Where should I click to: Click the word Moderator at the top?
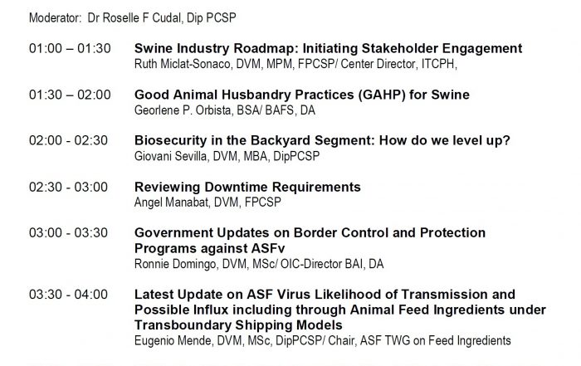(x=55, y=17)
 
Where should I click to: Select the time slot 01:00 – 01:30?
(x=70, y=48)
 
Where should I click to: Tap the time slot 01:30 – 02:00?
(x=70, y=95)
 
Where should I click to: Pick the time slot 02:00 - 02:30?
(x=68, y=140)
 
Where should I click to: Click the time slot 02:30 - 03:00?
(x=68, y=187)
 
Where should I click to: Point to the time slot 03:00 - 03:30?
(x=68, y=232)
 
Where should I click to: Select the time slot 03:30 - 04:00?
(x=68, y=294)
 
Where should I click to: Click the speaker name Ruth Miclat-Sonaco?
(x=182, y=64)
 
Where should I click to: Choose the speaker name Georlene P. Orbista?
(x=183, y=110)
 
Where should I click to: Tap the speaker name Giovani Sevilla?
(x=170, y=156)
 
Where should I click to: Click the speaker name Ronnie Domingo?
(x=175, y=264)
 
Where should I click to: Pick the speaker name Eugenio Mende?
(x=173, y=340)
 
